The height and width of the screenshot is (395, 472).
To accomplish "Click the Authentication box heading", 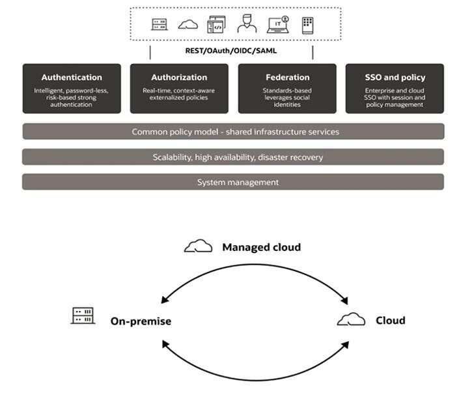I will (72, 78).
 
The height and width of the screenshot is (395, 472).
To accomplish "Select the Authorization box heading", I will (179, 78).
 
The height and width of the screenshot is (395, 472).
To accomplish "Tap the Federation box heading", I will (286, 78).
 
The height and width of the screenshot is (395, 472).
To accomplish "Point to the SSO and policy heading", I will (394, 78).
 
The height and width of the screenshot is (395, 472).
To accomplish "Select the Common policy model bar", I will (233, 132).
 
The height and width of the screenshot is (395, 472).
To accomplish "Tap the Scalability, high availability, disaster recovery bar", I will (233, 157).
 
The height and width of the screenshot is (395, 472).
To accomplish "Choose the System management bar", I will (233, 182).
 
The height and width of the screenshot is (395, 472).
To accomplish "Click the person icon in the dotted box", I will (247, 25).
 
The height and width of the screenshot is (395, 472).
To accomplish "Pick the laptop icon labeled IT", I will (279, 25).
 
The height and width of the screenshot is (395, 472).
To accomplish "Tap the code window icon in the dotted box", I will (216, 25).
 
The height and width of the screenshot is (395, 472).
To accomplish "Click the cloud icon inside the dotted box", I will (188, 25).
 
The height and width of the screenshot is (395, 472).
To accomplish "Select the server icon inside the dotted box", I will (160, 25).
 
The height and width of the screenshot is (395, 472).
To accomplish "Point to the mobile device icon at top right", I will (308, 25).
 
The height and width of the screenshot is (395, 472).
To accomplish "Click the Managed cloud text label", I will (261, 248).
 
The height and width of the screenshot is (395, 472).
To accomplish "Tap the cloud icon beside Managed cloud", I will (198, 246).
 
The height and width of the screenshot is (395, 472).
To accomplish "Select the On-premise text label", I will (141, 321).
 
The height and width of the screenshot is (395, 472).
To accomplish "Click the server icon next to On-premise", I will (83, 316).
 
